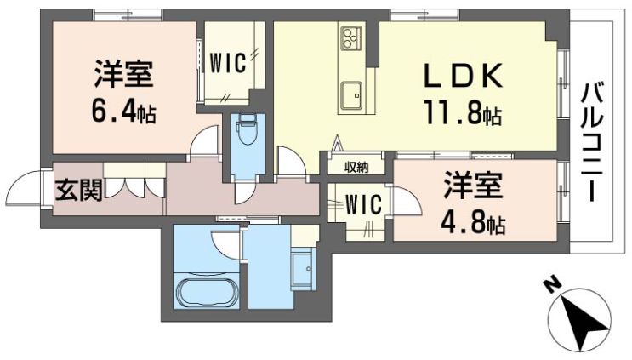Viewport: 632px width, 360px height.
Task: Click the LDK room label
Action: point(463,76)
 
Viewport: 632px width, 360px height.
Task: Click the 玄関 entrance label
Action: point(78,190)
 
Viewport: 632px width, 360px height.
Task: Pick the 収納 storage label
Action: point(356,167)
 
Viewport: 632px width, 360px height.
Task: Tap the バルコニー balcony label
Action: point(592,140)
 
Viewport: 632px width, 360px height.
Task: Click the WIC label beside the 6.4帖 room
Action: point(227,63)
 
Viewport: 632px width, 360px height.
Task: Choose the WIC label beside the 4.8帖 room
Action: point(363,204)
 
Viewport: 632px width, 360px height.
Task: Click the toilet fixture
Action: point(247,132)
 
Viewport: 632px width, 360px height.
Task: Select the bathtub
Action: point(206,292)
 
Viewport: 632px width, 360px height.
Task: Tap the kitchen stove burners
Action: point(350,37)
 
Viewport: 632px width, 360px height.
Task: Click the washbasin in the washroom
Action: point(302,269)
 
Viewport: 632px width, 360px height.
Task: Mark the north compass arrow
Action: point(579,321)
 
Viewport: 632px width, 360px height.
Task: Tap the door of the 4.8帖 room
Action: point(406,202)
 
